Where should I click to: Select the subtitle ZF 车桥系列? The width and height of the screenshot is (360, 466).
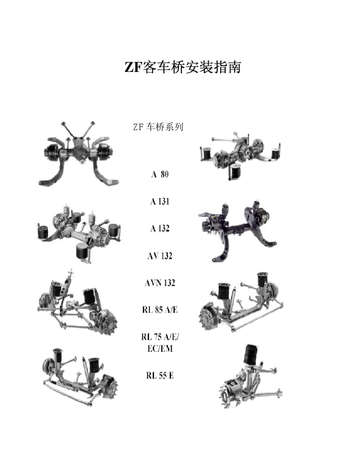(158, 127)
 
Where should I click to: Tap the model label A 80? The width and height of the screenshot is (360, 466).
(160, 174)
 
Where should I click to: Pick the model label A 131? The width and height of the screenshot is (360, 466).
(159, 202)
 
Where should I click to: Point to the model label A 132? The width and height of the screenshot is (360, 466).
(159, 229)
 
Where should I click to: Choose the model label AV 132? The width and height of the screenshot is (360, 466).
(160, 256)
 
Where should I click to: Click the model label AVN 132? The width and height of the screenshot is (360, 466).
(160, 283)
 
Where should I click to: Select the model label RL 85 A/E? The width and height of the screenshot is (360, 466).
(160, 310)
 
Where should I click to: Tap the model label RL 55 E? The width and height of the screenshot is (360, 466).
(160, 376)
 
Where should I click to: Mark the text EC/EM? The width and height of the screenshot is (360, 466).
(160, 349)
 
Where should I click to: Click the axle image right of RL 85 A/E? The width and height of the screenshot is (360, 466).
(240, 303)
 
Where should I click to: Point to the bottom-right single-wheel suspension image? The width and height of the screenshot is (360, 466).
(250, 379)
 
